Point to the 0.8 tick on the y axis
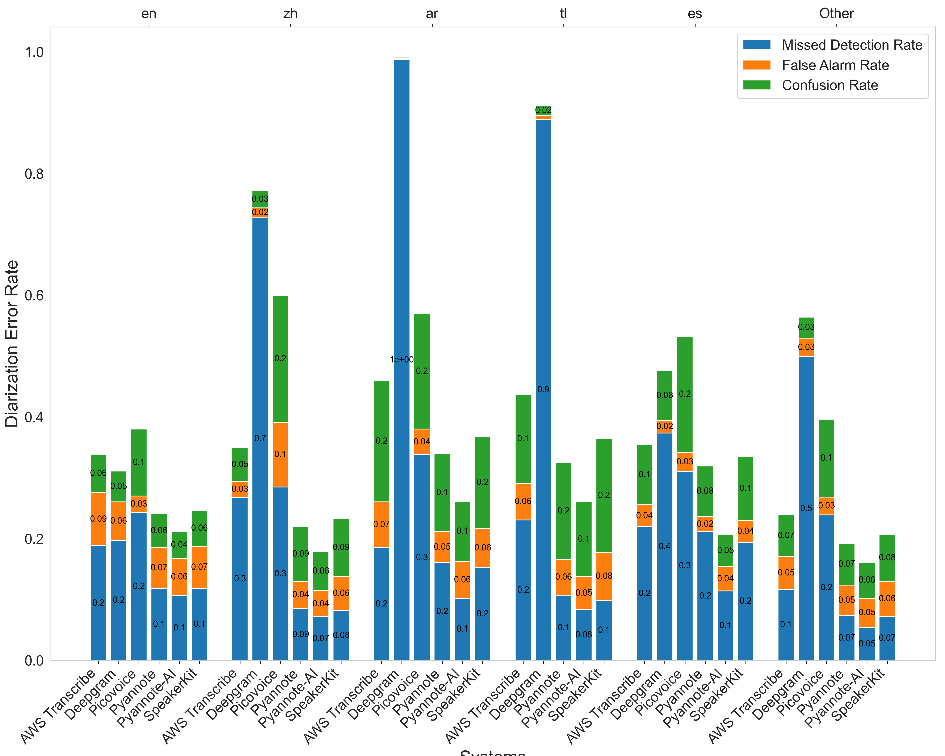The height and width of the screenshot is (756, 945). click(34, 174)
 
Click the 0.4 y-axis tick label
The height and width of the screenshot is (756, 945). click(34, 417)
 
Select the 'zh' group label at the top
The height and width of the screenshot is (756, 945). click(290, 14)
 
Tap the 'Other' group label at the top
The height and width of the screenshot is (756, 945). click(836, 14)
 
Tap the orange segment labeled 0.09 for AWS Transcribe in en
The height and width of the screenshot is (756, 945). click(98, 519)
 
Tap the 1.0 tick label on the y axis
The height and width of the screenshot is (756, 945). click(34, 52)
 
